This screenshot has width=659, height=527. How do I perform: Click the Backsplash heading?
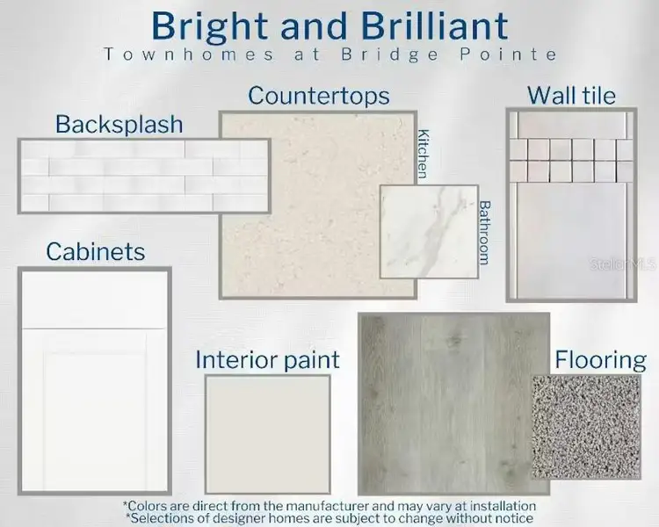119,124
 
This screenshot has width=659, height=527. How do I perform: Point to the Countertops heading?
319,95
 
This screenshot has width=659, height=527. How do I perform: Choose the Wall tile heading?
571,95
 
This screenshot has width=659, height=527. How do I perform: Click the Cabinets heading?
96,252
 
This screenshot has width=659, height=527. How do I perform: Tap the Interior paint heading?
267,359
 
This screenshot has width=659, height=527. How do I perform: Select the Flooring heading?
600,359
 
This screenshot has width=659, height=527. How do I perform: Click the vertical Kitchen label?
424,154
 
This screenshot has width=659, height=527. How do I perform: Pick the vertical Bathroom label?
484,233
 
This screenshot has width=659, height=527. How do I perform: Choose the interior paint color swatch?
267,434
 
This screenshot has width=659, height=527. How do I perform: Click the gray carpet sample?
586,427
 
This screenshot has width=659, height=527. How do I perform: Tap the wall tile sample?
571,204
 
